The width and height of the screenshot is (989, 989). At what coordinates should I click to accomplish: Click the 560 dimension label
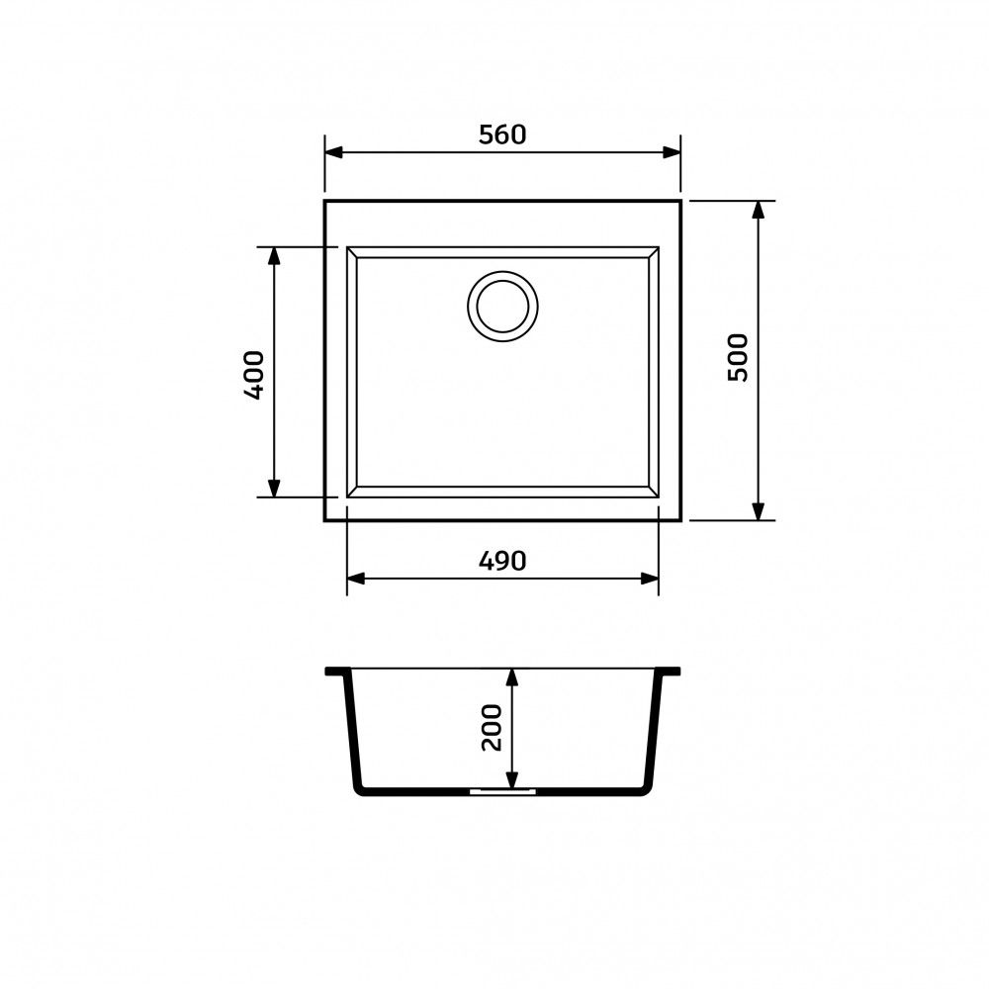502,135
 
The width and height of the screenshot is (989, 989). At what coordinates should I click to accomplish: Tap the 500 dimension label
738,358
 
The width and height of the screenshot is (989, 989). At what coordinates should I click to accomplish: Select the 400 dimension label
254,375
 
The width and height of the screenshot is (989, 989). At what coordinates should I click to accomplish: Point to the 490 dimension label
502,561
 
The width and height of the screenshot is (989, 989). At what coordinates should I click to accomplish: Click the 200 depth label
492,728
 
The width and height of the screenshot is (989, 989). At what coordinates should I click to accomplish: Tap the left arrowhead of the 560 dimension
334,152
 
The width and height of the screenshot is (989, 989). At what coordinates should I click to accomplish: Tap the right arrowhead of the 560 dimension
672,152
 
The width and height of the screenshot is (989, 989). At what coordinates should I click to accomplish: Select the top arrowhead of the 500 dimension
759,211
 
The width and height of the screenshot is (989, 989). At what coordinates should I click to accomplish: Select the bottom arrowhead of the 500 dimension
759,511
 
